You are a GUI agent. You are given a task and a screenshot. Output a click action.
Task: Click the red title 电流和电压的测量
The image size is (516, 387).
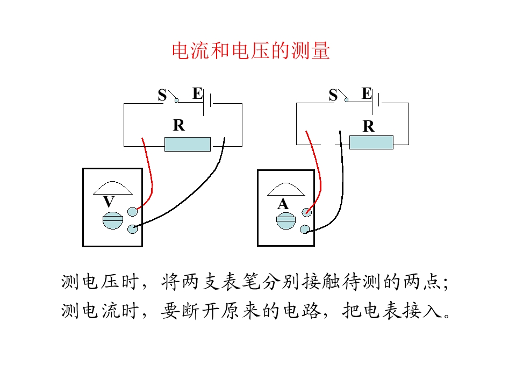pyautogui.click(x=251, y=51)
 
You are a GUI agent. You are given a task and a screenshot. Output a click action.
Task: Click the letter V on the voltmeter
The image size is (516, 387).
pyautogui.click(x=109, y=202)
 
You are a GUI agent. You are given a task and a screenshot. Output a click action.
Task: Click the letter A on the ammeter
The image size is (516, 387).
pyautogui.click(x=283, y=204)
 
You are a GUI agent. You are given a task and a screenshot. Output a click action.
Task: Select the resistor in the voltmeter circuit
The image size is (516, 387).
pyautogui.click(x=188, y=144)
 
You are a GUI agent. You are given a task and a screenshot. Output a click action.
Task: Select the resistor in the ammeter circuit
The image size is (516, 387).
pyautogui.click(x=371, y=142)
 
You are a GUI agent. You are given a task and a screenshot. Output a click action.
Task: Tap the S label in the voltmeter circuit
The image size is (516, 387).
pyautogui.click(x=162, y=96)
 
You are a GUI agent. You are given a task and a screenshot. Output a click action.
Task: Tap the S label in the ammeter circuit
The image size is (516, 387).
pyautogui.click(x=333, y=95)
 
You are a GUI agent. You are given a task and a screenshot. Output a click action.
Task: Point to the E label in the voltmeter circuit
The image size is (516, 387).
pyautogui.click(x=197, y=94)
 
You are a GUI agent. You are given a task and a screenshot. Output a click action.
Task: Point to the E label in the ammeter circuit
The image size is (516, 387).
pyautogui.click(x=367, y=94)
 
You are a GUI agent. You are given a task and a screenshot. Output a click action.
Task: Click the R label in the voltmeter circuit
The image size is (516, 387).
pyautogui.click(x=179, y=125)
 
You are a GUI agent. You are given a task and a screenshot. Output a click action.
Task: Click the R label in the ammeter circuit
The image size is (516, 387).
pyautogui.click(x=369, y=126)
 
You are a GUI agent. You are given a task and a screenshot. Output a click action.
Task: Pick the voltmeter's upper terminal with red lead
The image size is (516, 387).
pyautogui.click(x=133, y=212)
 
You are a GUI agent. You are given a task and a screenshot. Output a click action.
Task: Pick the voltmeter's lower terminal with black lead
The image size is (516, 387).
pyautogui.click(x=133, y=229)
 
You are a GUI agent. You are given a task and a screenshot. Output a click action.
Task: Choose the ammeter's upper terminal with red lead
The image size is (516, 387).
pyautogui.click(x=307, y=212)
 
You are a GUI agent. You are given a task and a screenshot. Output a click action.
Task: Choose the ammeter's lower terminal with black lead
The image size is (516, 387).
pyautogui.click(x=305, y=230)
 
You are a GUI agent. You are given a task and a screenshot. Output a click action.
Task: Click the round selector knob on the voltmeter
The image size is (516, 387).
pyautogui.click(x=113, y=220)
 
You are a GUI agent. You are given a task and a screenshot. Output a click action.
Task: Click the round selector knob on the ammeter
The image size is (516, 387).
pyautogui.click(x=286, y=221)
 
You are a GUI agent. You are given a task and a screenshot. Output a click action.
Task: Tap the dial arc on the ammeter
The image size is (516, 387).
pyautogui.click(x=286, y=186)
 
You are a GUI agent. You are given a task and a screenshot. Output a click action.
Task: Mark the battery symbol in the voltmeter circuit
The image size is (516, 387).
pyautogui.click(x=207, y=103)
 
